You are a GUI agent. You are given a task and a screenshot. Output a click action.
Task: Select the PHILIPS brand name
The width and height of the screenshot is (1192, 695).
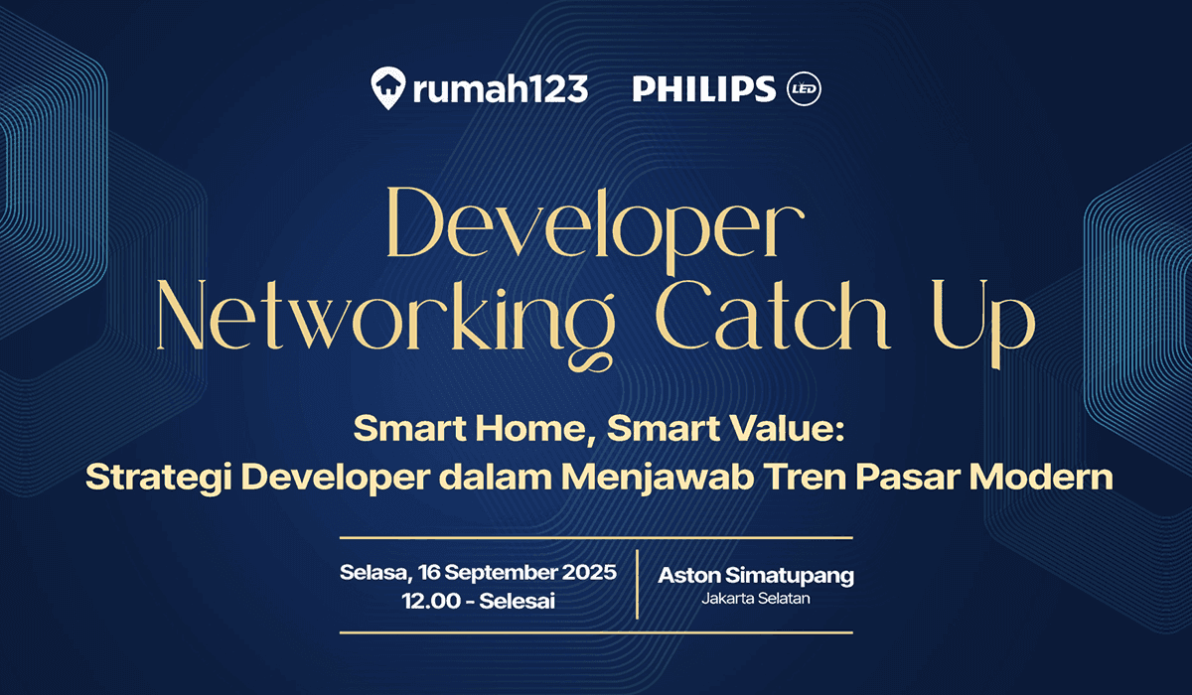point(703,89)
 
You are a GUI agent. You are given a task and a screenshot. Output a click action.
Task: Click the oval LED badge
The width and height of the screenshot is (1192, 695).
point(804,89)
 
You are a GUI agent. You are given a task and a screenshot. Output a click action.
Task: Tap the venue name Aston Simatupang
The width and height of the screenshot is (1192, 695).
point(756,576)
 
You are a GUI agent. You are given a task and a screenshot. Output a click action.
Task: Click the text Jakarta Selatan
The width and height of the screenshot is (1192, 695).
point(756,599)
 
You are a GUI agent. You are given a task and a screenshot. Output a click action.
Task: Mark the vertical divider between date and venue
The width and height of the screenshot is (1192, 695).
point(637,586)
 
